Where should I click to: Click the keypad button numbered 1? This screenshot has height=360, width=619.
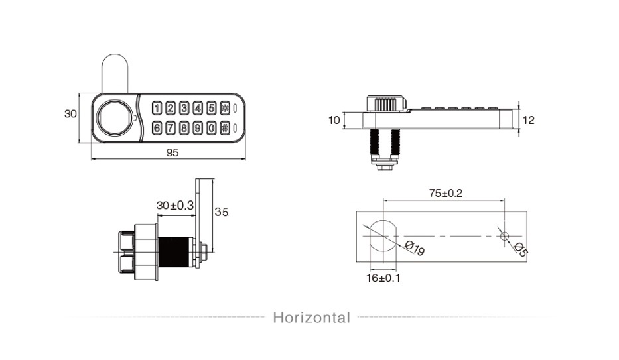pyautogui.click(x=157, y=107)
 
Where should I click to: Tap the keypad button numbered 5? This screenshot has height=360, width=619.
pyautogui.click(x=212, y=107)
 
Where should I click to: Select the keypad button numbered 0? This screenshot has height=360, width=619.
pyautogui.click(x=212, y=128)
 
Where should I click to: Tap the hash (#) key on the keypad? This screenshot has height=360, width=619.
pyautogui.click(x=225, y=128)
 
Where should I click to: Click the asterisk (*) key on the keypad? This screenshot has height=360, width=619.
pyautogui.click(x=225, y=107)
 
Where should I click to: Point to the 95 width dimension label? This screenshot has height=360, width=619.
pyautogui.click(x=172, y=152)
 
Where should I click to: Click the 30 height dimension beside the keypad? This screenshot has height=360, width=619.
pyautogui.click(x=70, y=113)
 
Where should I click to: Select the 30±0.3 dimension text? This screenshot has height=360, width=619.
pyautogui.click(x=175, y=206)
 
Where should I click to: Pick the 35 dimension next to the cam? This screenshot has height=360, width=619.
pyautogui.click(x=222, y=212)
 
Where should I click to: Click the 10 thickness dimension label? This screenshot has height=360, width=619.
pyautogui.click(x=334, y=120)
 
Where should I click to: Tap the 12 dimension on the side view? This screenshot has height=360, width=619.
pyautogui.click(x=528, y=120)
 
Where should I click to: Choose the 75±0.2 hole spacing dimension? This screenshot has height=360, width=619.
pyautogui.click(x=446, y=193)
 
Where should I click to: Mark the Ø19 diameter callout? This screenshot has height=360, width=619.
pyautogui.click(x=415, y=249)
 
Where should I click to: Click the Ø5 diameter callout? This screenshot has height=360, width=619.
pyautogui.click(x=521, y=249)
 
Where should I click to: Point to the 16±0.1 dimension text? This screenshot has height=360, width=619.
pyautogui.click(x=383, y=278)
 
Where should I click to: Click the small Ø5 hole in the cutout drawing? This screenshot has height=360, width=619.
pyautogui.click(x=504, y=236)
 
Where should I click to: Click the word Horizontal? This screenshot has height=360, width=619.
pyautogui.click(x=312, y=318)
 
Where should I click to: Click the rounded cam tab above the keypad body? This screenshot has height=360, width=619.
pyautogui.click(x=115, y=74)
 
